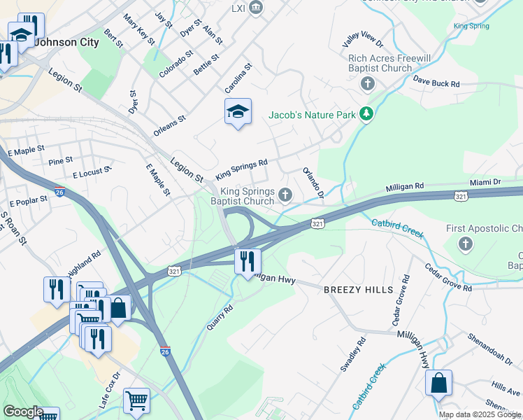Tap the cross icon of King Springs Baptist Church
pyautogui.click(x=285, y=195)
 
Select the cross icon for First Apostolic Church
pyautogui.click(x=465, y=244)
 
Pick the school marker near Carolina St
pyautogui.click(x=238, y=112)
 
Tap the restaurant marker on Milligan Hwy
pyautogui.click(x=247, y=262)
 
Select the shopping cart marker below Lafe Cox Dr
pyautogui.click(x=136, y=401)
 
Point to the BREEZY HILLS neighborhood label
pyautogui.click(x=352, y=289)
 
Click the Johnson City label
pyautogui.click(x=66, y=42)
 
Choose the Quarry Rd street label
pyautogui.click(x=219, y=317)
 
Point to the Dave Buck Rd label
pyautogui.click(x=436, y=83)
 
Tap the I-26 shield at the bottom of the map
pyautogui.click(x=165, y=351)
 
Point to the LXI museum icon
pyautogui.click(x=256, y=7)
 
